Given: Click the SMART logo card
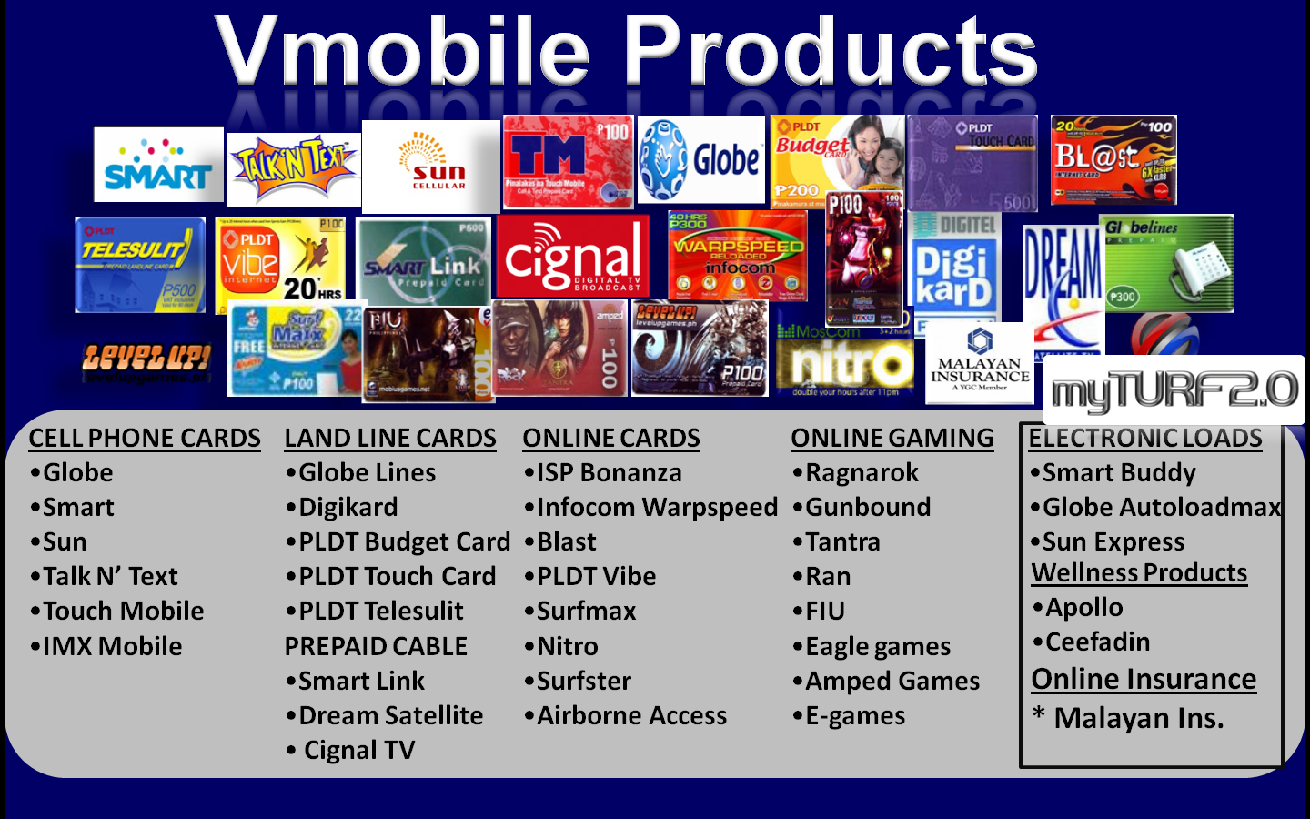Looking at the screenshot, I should point(158,165).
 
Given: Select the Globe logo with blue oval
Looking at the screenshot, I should point(701,160).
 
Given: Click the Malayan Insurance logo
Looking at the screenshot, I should point(980,363).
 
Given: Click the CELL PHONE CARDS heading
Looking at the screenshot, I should point(145,439).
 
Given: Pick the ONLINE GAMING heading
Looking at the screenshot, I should point(892,439).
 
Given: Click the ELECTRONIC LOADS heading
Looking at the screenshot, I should point(1144,439).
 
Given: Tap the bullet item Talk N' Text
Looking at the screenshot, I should point(110,577).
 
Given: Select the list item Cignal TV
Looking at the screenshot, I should point(358,751).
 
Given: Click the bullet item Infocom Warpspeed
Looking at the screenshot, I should point(656,508).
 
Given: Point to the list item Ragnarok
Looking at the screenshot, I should point(861,473).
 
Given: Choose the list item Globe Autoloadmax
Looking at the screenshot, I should point(1161,508).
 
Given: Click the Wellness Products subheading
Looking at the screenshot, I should point(1139,573).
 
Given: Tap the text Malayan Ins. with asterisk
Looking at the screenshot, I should point(1137,719).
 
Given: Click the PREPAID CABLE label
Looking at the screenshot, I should point(376,647).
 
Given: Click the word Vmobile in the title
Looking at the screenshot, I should point(403,53).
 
